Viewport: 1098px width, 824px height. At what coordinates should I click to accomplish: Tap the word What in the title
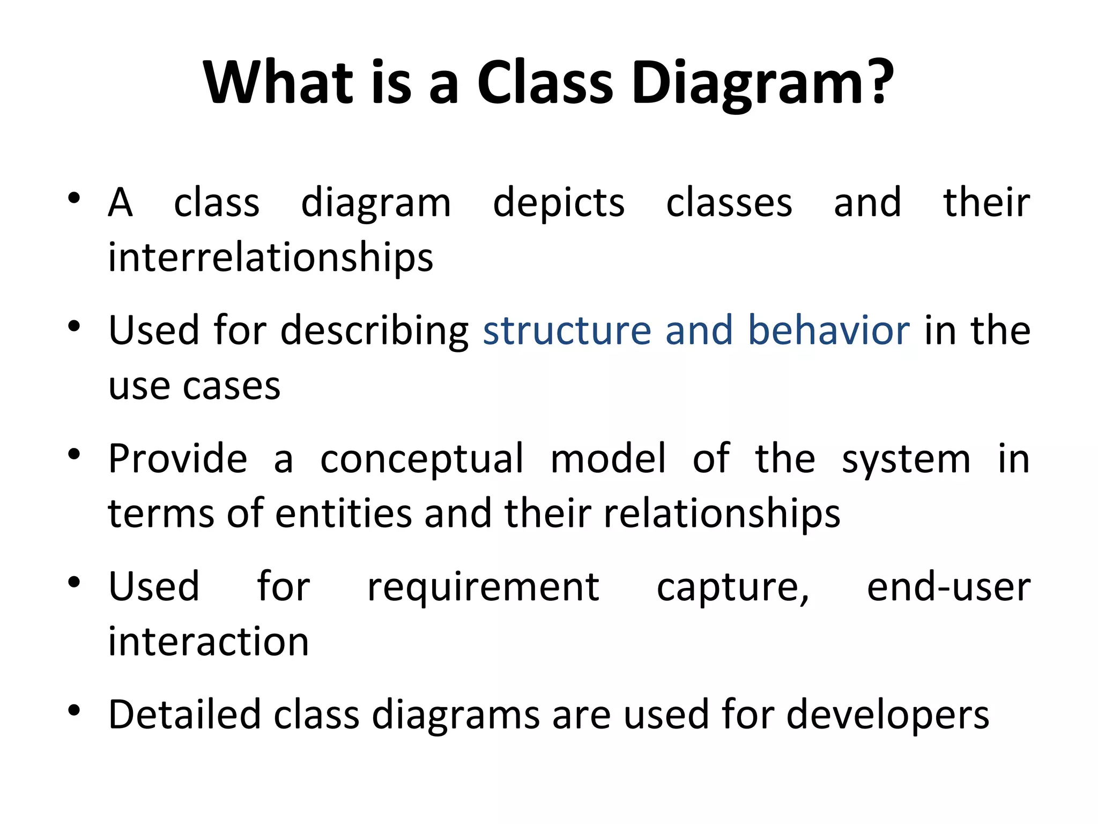click(278, 83)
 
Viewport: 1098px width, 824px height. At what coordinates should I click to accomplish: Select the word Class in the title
click(545, 83)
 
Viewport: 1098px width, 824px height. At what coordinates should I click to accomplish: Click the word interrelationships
click(270, 257)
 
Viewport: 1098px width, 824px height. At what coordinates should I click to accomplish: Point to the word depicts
click(559, 204)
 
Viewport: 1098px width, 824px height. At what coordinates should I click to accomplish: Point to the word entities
click(343, 513)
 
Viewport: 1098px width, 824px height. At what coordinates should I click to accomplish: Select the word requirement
click(483, 588)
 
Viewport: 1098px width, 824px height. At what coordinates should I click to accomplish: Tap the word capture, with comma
click(733, 588)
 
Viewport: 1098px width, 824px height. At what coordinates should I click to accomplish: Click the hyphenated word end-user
click(948, 587)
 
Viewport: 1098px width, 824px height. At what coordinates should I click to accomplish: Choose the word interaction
click(209, 642)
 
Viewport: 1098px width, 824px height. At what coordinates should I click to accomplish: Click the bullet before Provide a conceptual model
click(74, 454)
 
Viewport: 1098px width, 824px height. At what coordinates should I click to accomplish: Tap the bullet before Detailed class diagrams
click(74, 711)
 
